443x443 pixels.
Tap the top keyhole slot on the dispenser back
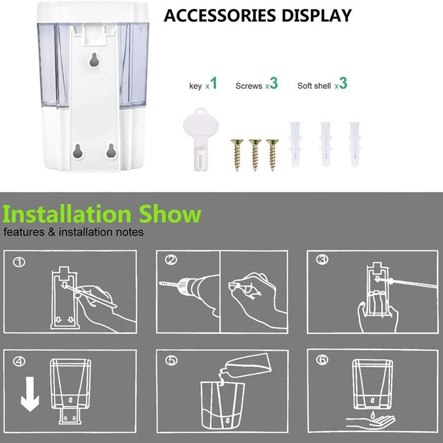[x=94, y=60]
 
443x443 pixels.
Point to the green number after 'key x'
[x=214, y=83]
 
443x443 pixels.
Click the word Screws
[x=248, y=86]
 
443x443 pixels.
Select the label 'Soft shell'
[x=314, y=86]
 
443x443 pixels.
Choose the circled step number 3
[x=322, y=260]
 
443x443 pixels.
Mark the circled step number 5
[x=171, y=361]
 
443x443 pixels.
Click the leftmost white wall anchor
[x=294, y=144]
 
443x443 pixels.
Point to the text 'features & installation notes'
[x=74, y=232]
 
